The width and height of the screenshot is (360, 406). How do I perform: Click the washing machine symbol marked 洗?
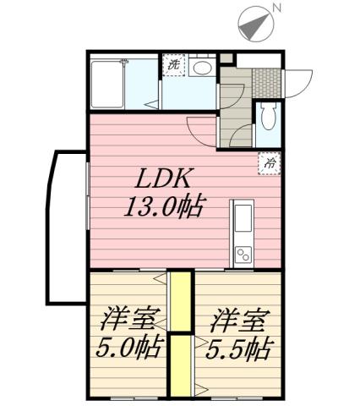pos(174,65)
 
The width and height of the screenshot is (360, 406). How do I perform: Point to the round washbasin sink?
pos(203,68)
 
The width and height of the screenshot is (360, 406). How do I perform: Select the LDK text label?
pos(166,178)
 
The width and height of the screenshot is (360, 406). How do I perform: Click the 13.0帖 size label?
pos(165,206)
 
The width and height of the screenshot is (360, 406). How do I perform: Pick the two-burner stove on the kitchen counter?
pos(243,254)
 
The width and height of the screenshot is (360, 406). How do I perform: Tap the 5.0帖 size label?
pos(129,348)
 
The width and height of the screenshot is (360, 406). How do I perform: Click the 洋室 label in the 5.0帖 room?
pos(128,321)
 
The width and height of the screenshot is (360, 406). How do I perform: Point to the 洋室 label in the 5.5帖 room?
pos(239,321)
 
